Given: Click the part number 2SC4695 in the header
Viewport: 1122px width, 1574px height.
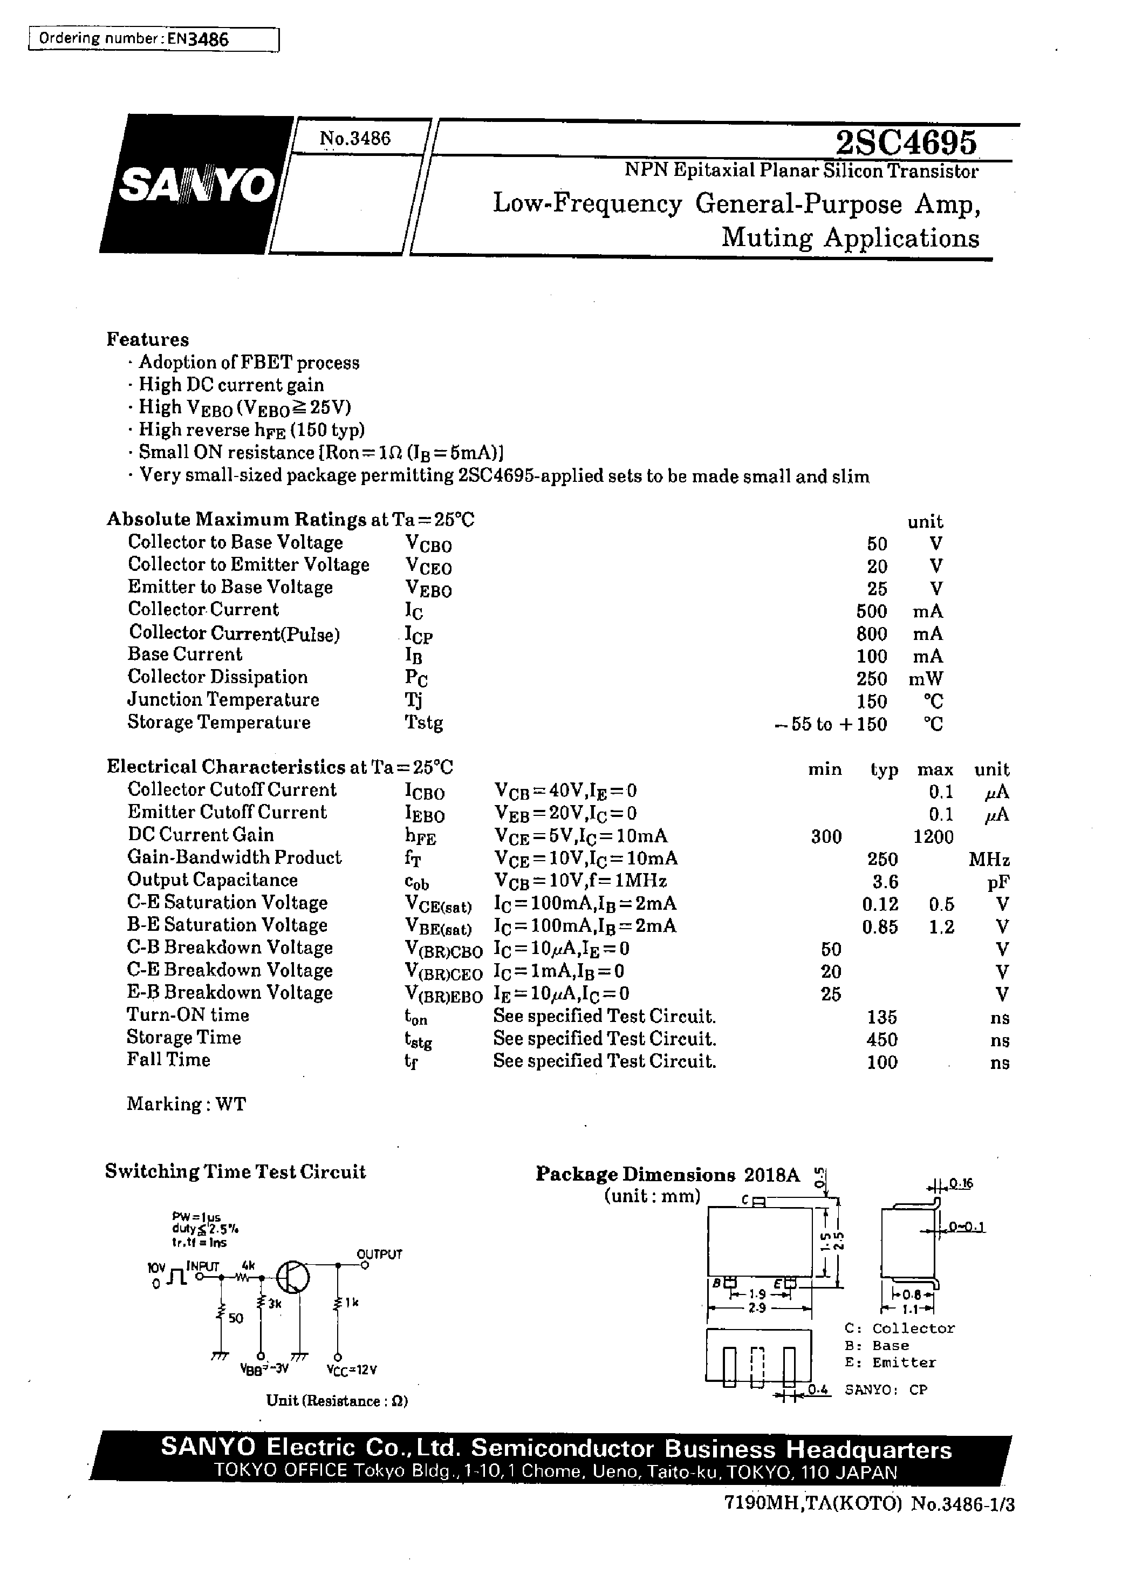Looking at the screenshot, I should coord(906,143).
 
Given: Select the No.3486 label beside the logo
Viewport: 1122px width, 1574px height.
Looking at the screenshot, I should coord(354,139).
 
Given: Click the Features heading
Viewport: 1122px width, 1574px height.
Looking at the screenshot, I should coord(147,339).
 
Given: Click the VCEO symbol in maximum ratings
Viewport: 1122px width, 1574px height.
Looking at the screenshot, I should coord(428,567).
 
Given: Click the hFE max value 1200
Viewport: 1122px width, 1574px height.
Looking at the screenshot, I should coord(933,837).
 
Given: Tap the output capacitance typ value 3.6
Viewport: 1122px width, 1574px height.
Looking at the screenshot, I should coord(884,882).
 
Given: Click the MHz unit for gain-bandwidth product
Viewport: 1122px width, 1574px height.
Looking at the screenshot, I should coord(989,860).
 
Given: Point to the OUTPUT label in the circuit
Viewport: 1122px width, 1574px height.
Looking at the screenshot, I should coord(379,1254).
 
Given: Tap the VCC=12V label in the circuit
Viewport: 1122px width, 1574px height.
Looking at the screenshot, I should coord(352,1370).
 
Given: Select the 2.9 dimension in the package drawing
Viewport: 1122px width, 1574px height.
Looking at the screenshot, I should coord(757,1308).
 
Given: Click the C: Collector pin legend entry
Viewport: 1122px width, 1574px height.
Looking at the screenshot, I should coord(899,1328).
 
